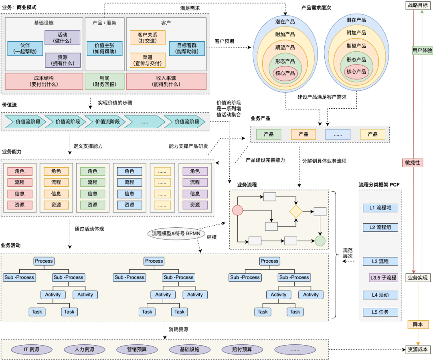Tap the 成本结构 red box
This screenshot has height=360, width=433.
click(44, 81)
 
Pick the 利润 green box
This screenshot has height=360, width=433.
click(105, 81)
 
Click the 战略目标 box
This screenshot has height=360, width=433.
click(418, 5)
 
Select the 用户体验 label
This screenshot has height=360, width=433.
click(422, 51)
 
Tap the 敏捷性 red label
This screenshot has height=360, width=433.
click(413, 162)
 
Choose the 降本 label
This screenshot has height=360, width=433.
click(418, 324)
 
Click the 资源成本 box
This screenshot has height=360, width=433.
click(418, 349)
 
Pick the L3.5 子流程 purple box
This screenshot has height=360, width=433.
click(383, 277)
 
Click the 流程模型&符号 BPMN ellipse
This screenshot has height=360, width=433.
click(176, 233)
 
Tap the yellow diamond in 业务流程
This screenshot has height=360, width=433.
click(296, 211)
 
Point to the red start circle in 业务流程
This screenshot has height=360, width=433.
click(238, 210)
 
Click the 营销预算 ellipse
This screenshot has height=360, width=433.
click(132, 349)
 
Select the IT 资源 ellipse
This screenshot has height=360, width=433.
click(32, 349)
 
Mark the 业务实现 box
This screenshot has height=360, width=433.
click(418, 277)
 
